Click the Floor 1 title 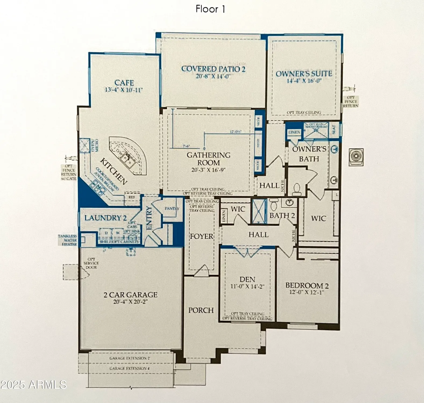[x=210, y=9]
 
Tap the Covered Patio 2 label [x=213, y=69]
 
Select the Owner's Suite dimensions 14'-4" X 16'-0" [x=304, y=81]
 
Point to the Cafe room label [x=124, y=83]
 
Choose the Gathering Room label [x=208, y=159]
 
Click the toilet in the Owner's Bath [x=297, y=189]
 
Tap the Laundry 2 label [x=105, y=218]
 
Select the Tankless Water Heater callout [x=68, y=240]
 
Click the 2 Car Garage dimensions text [x=130, y=302]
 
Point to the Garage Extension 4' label [x=130, y=368]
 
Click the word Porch [x=201, y=310]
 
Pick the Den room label [x=247, y=279]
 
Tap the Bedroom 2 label [x=307, y=285]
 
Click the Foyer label [x=201, y=236]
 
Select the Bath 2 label [x=282, y=215]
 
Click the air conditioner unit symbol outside [x=356, y=157]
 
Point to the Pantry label [x=172, y=208]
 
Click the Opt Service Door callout [x=91, y=263]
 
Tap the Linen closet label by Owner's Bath [x=294, y=132]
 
